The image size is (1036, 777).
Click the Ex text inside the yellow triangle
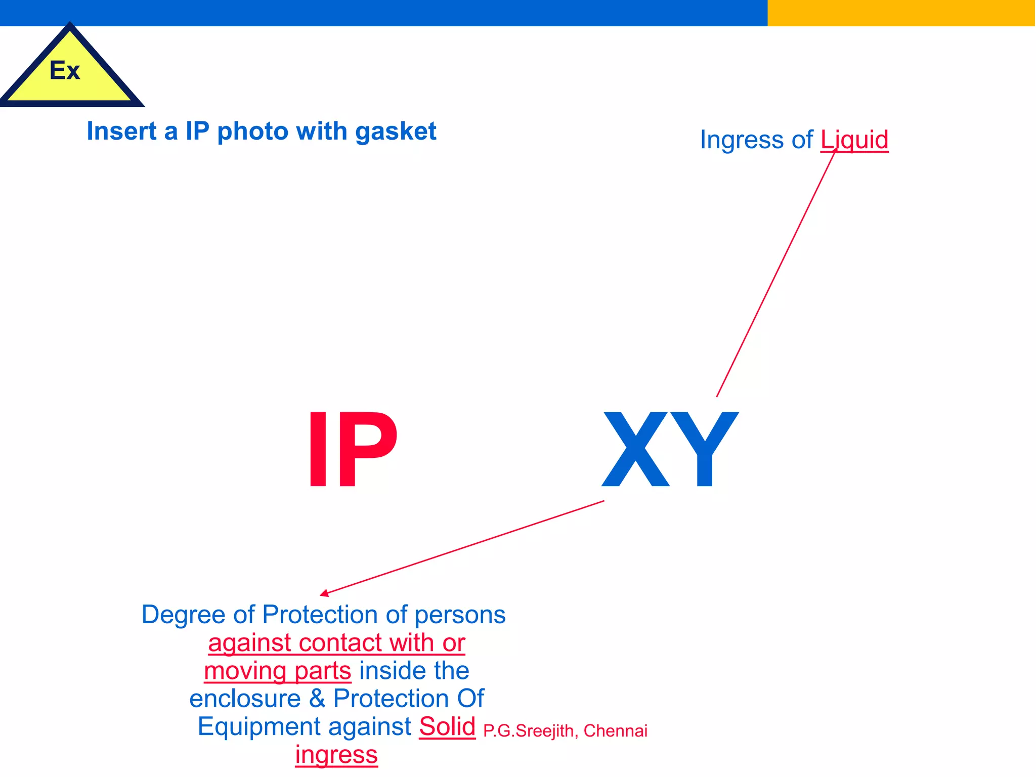point(65,70)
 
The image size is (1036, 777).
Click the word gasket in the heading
point(396,132)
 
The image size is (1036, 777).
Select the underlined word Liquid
point(854,140)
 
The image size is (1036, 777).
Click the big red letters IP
point(353,450)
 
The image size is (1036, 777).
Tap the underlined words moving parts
point(277,671)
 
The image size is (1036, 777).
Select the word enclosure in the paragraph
point(245,699)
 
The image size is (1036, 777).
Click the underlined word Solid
point(447,726)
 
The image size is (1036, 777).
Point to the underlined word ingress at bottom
point(336,755)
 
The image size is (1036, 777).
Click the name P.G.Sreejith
point(528,731)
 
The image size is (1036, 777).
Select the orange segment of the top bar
point(901,13)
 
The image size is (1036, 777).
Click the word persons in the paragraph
point(460,615)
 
